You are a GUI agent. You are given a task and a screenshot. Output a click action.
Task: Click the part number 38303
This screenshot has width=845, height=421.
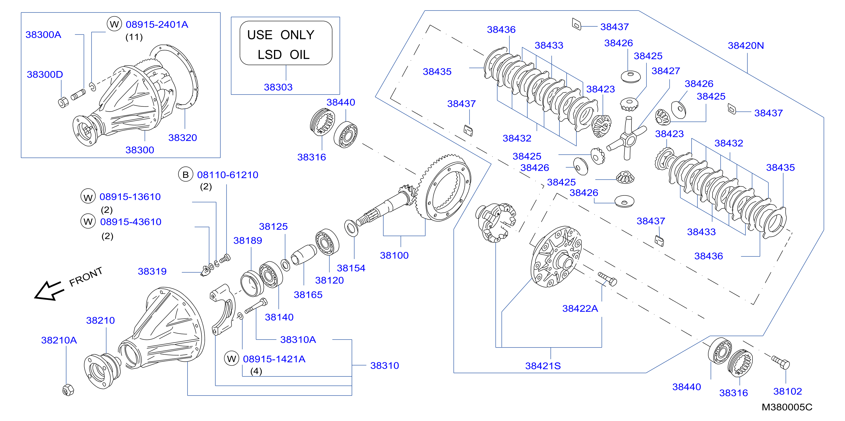click(278, 87)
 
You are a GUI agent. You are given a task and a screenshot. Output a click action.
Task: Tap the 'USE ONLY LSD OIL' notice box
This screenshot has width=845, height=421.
click(286, 43)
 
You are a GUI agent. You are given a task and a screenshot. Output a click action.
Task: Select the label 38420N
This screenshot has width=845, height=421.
click(746, 46)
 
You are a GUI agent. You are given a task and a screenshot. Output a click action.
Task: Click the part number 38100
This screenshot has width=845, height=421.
click(394, 255)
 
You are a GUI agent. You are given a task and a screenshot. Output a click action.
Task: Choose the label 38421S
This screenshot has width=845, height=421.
click(543, 366)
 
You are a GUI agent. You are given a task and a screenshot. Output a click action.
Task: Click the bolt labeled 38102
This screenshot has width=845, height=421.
click(780, 362)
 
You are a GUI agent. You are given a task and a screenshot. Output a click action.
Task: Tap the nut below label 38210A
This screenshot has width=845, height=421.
click(68, 390)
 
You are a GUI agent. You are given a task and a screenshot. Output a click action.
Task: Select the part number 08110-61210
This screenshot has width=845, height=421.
click(228, 175)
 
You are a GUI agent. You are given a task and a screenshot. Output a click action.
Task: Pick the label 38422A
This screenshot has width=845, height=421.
click(580, 308)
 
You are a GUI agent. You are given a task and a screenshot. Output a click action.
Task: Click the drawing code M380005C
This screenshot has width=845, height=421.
click(787, 407)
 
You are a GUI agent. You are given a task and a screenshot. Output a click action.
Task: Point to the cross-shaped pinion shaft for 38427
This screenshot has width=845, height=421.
click(627, 138)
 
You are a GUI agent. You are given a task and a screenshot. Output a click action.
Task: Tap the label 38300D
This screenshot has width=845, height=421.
click(45, 75)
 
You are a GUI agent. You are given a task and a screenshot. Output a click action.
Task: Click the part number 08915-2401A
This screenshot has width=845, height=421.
click(157, 25)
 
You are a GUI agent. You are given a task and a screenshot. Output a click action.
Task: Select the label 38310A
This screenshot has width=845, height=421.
click(298, 340)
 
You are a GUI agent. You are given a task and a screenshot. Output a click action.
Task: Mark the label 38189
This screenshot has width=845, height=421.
click(248, 241)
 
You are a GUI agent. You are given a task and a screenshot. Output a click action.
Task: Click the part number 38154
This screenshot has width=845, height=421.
click(351, 268)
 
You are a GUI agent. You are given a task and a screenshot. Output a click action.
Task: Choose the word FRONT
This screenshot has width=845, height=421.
click(86, 277)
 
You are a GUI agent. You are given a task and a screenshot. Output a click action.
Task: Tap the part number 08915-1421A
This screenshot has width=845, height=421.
click(274, 359)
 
